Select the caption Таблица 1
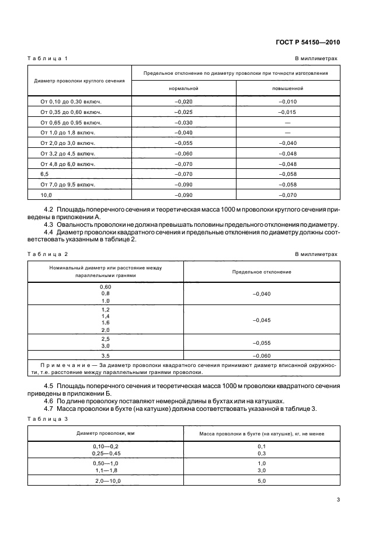pos(48,59)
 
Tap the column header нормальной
pos(184,89)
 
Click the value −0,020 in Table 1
pos(184,101)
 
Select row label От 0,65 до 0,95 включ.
pos(71,122)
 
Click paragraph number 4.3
pos(50,224)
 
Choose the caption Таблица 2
pos(48,254)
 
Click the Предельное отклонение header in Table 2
pos(262,272)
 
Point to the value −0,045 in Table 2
pos(262,320)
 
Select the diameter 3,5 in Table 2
pos(106,355)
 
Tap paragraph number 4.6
pos(50,401)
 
